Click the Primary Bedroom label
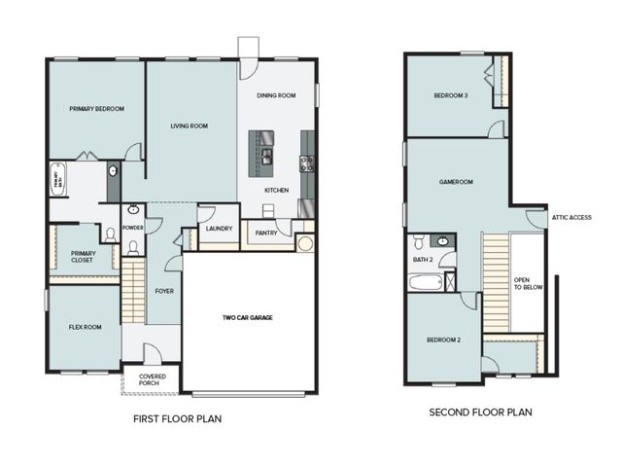(x=96, y=109)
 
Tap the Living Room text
(x=189, y=126)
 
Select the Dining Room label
(x=276, y=95)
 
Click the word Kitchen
(x=276, y=190)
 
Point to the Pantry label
(x=266, y=233)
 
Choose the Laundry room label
(x=218, y=230)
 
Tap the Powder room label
(x=133, y=229)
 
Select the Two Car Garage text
(x=248, y=318)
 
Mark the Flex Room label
(x=84, y=328)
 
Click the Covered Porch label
(x=151, y=379)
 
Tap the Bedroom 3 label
(x=451, y=95)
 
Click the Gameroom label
(x=455, y=181)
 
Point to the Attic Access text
(x=571, y=217)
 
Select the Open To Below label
(x=528, y=283)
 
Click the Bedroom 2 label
(x=444, y=340)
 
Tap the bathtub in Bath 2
(x=424, y=283)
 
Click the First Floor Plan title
(x=179, y=420)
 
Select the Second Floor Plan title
(x=480, y=413)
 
